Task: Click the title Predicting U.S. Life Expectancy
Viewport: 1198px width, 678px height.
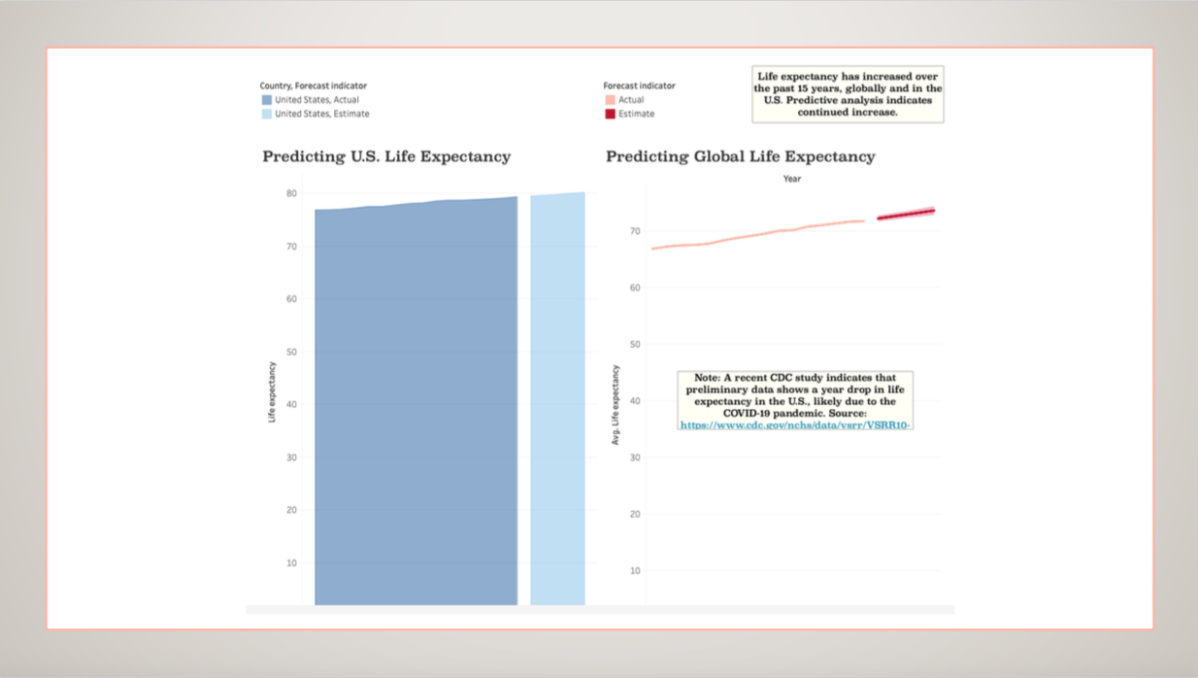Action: (x=385, y=156)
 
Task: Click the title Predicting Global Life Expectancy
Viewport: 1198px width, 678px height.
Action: (x=740, y=156)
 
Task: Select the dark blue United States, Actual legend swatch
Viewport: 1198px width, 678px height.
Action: (x=267, y=100)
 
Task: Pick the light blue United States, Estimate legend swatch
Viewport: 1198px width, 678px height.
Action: (x=267, y=114)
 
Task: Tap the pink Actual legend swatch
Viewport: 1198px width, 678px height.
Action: (x=610, y=100)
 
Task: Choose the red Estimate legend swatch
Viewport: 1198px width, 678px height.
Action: (x=610, y=114)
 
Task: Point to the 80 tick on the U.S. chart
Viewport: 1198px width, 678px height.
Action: (x=291, y=193)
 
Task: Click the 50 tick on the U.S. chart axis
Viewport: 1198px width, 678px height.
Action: (x=291, y=352)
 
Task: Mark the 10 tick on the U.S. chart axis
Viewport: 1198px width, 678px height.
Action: (x=291, y=563)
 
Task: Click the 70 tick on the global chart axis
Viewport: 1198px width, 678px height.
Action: (x=635, y=231)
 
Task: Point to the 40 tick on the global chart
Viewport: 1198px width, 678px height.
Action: (x=635, y=401)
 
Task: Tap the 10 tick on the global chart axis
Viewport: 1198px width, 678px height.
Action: (x=635, y=571)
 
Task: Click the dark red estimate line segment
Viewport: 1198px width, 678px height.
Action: (x=906, y=214)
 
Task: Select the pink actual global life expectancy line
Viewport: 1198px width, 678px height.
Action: (x=757, y=234)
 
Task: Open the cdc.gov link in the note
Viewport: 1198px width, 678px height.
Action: (x=795, y=425)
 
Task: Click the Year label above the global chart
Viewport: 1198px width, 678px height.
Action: (x=792, y=179)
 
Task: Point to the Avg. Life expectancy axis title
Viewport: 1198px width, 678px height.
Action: (x=616, y=405)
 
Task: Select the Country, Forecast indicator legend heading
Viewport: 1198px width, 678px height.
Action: (x=313, y=85)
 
